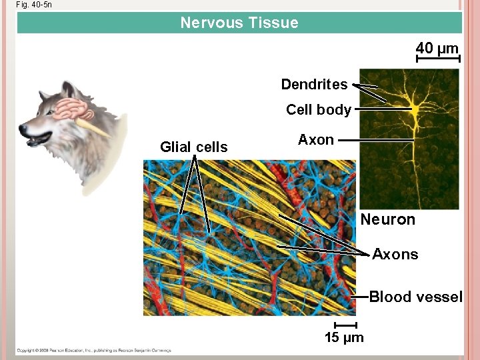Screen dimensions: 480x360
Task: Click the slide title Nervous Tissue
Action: coord(239,23)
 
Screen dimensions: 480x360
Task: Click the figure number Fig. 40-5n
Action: coord(34,5)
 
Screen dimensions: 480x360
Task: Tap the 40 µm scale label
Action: coord(437,48)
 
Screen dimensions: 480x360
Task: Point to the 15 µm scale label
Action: coord(344,337)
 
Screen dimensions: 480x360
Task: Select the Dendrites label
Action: coord(314,84)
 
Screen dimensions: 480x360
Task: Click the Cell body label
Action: coord(318,110)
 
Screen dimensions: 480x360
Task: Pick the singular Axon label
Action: coord(315,139)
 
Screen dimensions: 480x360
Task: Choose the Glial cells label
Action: coord(193,147)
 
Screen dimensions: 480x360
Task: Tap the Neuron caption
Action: coord(387,219)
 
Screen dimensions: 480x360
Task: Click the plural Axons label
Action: coord(395,254)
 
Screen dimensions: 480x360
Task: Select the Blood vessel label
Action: coord(415,297)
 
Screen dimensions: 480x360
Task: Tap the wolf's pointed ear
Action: coord(67,89)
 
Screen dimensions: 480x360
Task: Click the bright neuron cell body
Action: coord(415,107)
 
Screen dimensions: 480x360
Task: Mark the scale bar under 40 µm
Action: coord(437,59)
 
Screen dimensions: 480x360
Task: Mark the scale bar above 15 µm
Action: coord(343,325)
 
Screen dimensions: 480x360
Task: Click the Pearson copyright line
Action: coord(93,350)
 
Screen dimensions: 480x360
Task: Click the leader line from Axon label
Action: coord(373,140)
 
